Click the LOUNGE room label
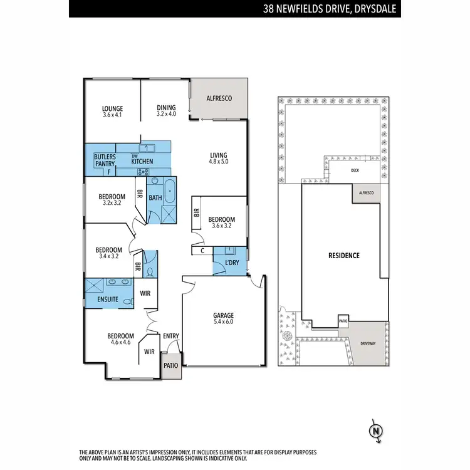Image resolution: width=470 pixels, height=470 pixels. coord(113,112)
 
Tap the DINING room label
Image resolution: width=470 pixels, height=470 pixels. coord(166,112)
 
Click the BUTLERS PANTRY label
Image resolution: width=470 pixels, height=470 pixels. coord(104,160)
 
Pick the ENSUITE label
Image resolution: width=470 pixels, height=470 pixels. coord(107,300)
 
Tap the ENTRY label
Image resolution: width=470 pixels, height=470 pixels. coord(170,337)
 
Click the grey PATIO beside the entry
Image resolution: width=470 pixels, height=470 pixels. coord(170,365)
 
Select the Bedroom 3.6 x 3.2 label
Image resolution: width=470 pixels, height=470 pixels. coord(222,222)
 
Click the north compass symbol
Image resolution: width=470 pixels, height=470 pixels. coord(375,431)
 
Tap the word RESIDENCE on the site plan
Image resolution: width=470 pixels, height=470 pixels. coord(344,256)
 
